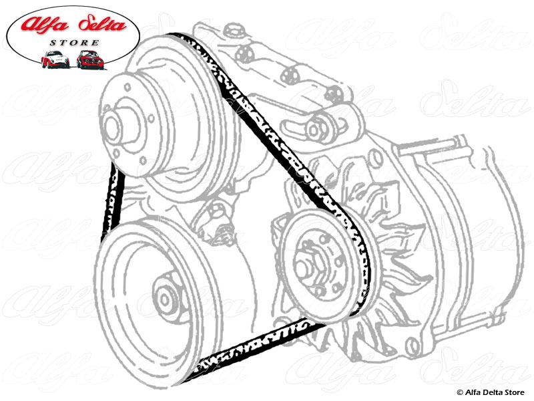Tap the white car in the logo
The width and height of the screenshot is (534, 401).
(x=54, y=59)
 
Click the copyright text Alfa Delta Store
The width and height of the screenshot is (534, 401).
(x=493, y=392)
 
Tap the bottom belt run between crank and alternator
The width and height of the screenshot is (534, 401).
(x=260, y=348)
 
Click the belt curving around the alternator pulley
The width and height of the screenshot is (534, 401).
(x=364, y=267)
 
